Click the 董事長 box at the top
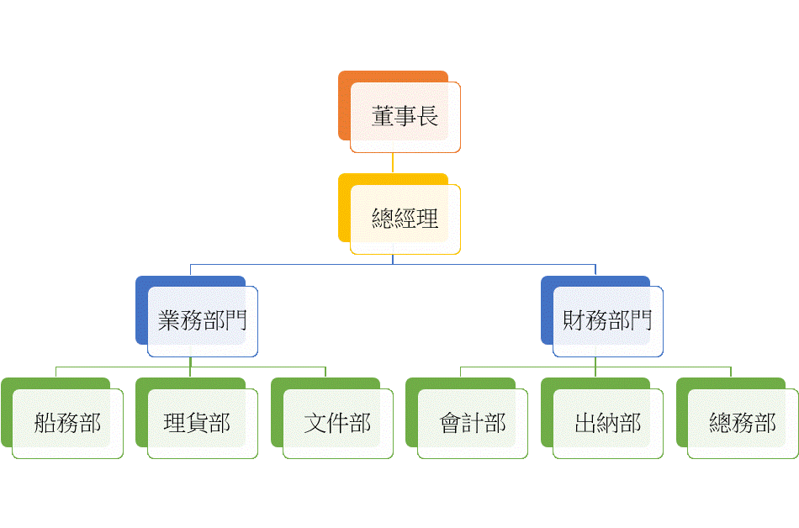click(405, 118)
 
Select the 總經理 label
click(405, 219)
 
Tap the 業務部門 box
click(202, 321)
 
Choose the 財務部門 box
click(607, 321)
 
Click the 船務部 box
click(67, 423)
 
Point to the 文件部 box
click(337, 423)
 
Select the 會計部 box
click(472, 423)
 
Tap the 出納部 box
click(607, 423)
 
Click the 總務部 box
click(742, 423)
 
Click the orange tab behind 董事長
click(343, 105)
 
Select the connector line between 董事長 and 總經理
click(392, 163)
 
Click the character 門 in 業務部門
click(235, 321)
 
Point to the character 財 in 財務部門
click(574, 321)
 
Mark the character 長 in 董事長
click(427, 118)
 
